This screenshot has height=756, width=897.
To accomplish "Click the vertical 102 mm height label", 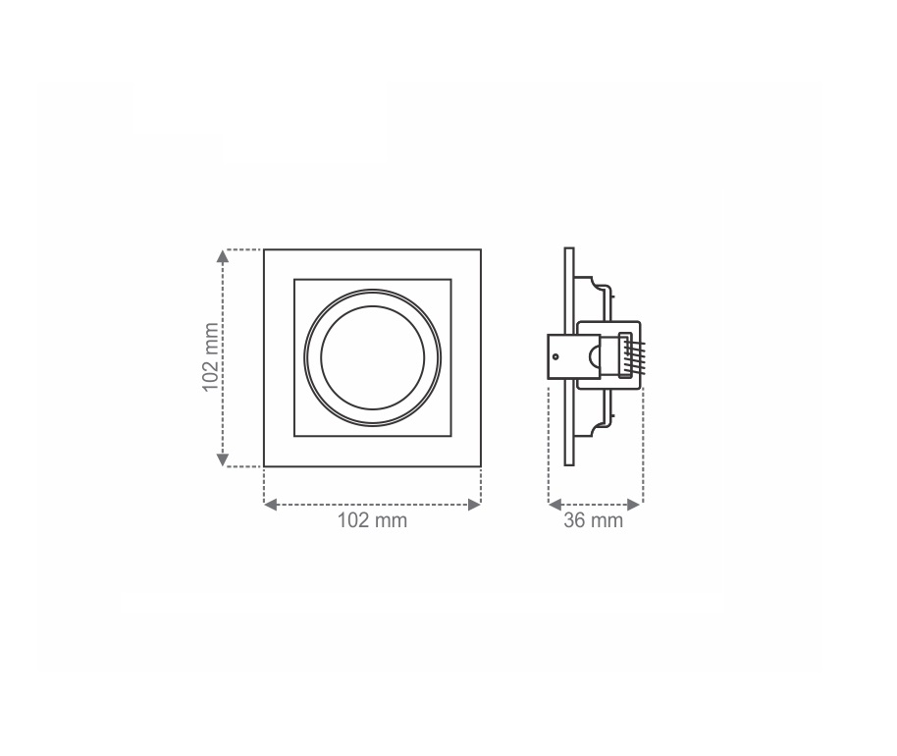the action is click(x=211, y=357).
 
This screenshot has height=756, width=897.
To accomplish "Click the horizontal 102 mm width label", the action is click(x=372, y=520).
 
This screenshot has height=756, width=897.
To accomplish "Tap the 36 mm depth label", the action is click(x=593, y=520).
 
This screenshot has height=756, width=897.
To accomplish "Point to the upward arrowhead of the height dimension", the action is click(x=223, y=256).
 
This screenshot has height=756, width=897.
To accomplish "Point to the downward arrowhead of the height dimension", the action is click(x=223, y=459).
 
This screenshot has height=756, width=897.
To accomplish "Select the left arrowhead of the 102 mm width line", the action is click(x=271, y=505).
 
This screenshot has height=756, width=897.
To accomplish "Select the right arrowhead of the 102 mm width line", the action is click(x=474, y=505).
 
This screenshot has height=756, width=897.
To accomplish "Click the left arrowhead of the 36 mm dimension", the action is click(x=554, y=505).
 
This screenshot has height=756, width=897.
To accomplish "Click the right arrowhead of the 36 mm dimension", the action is click(x=633, y=505).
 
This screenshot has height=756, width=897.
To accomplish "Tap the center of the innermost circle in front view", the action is click(x=372, y=357).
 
